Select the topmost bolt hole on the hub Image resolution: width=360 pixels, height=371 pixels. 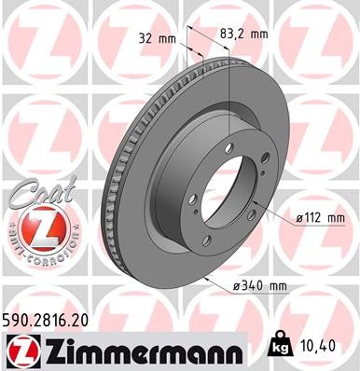[x=240, y=137]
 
